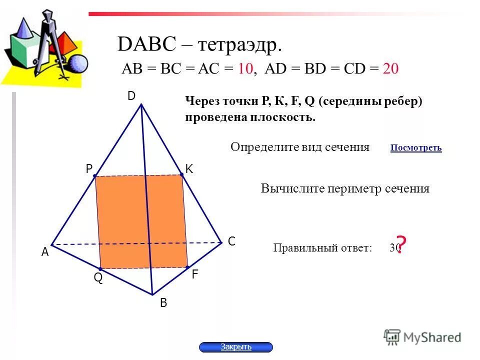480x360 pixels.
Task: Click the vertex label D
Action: tap(131, 96)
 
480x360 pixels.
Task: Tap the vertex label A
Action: tap(45, 253)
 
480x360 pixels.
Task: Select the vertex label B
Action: tap(163, 303)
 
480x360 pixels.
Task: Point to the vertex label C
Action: tap(231, 241)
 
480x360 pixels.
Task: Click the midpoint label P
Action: tap(89, 169)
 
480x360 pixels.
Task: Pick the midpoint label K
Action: tap(189, 169)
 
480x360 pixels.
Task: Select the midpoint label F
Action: tap(194, 274)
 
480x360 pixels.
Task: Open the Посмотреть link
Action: tap(416, 148)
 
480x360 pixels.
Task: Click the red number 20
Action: tap(390, 69)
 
